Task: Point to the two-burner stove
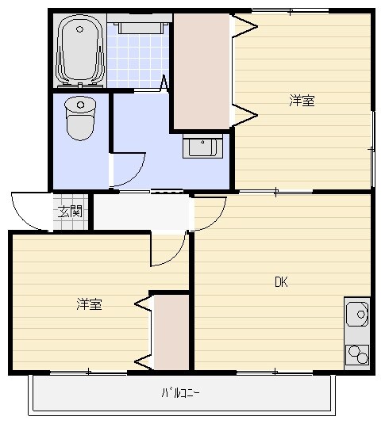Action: click(x=356, y=353)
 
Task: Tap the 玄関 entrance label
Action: click(x=70, y=211)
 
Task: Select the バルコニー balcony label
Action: click(x=180, y=392)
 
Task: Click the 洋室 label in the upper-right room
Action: click(x=301, y=101)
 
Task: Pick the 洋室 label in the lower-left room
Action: click(x=88, y=304)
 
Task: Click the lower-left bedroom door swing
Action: click(x=167, y=252)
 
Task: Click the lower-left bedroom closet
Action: click(x=171, y=332)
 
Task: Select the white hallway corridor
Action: click(x=143, y=212)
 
